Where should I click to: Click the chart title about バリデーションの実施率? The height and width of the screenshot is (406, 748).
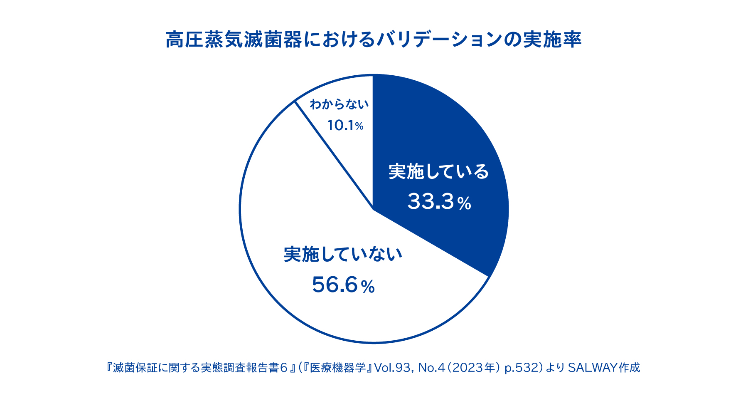coord(374,40)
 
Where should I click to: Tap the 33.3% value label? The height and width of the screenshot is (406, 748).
coord(439,202)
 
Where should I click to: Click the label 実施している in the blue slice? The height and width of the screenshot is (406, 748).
coord(439,172)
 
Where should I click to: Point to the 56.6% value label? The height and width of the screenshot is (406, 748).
coord(343,285)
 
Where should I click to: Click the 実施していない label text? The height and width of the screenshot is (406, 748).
coord(343,255)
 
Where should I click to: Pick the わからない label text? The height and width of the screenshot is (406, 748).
coord(339,104)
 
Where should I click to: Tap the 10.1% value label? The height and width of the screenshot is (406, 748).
coord(345,125)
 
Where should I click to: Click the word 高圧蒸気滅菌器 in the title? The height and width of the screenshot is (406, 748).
coord(234,40)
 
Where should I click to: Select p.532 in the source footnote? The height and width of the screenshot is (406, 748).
coord(521,368)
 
